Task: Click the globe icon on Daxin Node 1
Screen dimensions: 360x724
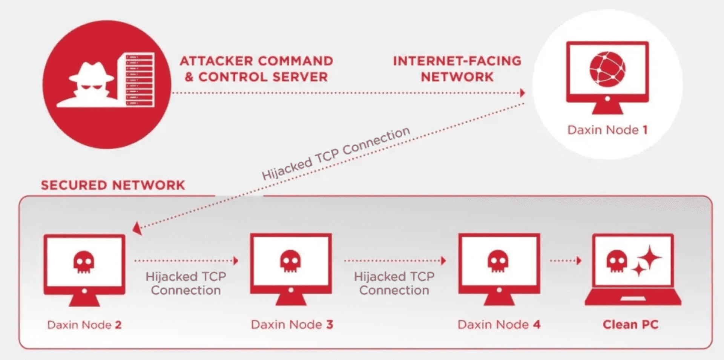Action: point(607,69)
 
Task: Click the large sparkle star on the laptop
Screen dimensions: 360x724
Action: point(649,257)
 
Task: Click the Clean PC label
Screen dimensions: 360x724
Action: point(630,325)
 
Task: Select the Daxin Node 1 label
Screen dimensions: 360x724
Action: point(607,130)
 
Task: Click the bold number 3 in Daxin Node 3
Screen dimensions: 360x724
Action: point(330,325)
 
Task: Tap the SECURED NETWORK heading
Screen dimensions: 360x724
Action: point(113,185)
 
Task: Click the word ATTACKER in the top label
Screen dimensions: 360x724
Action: point(216,61)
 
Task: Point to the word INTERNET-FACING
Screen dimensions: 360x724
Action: point(457,61)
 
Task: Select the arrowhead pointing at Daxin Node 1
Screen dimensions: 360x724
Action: point(522,93)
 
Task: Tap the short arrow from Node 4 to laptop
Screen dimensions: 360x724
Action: point(566,260)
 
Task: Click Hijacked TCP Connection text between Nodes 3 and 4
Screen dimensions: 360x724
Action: point(394,283)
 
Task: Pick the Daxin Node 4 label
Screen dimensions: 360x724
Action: point(499,325)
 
